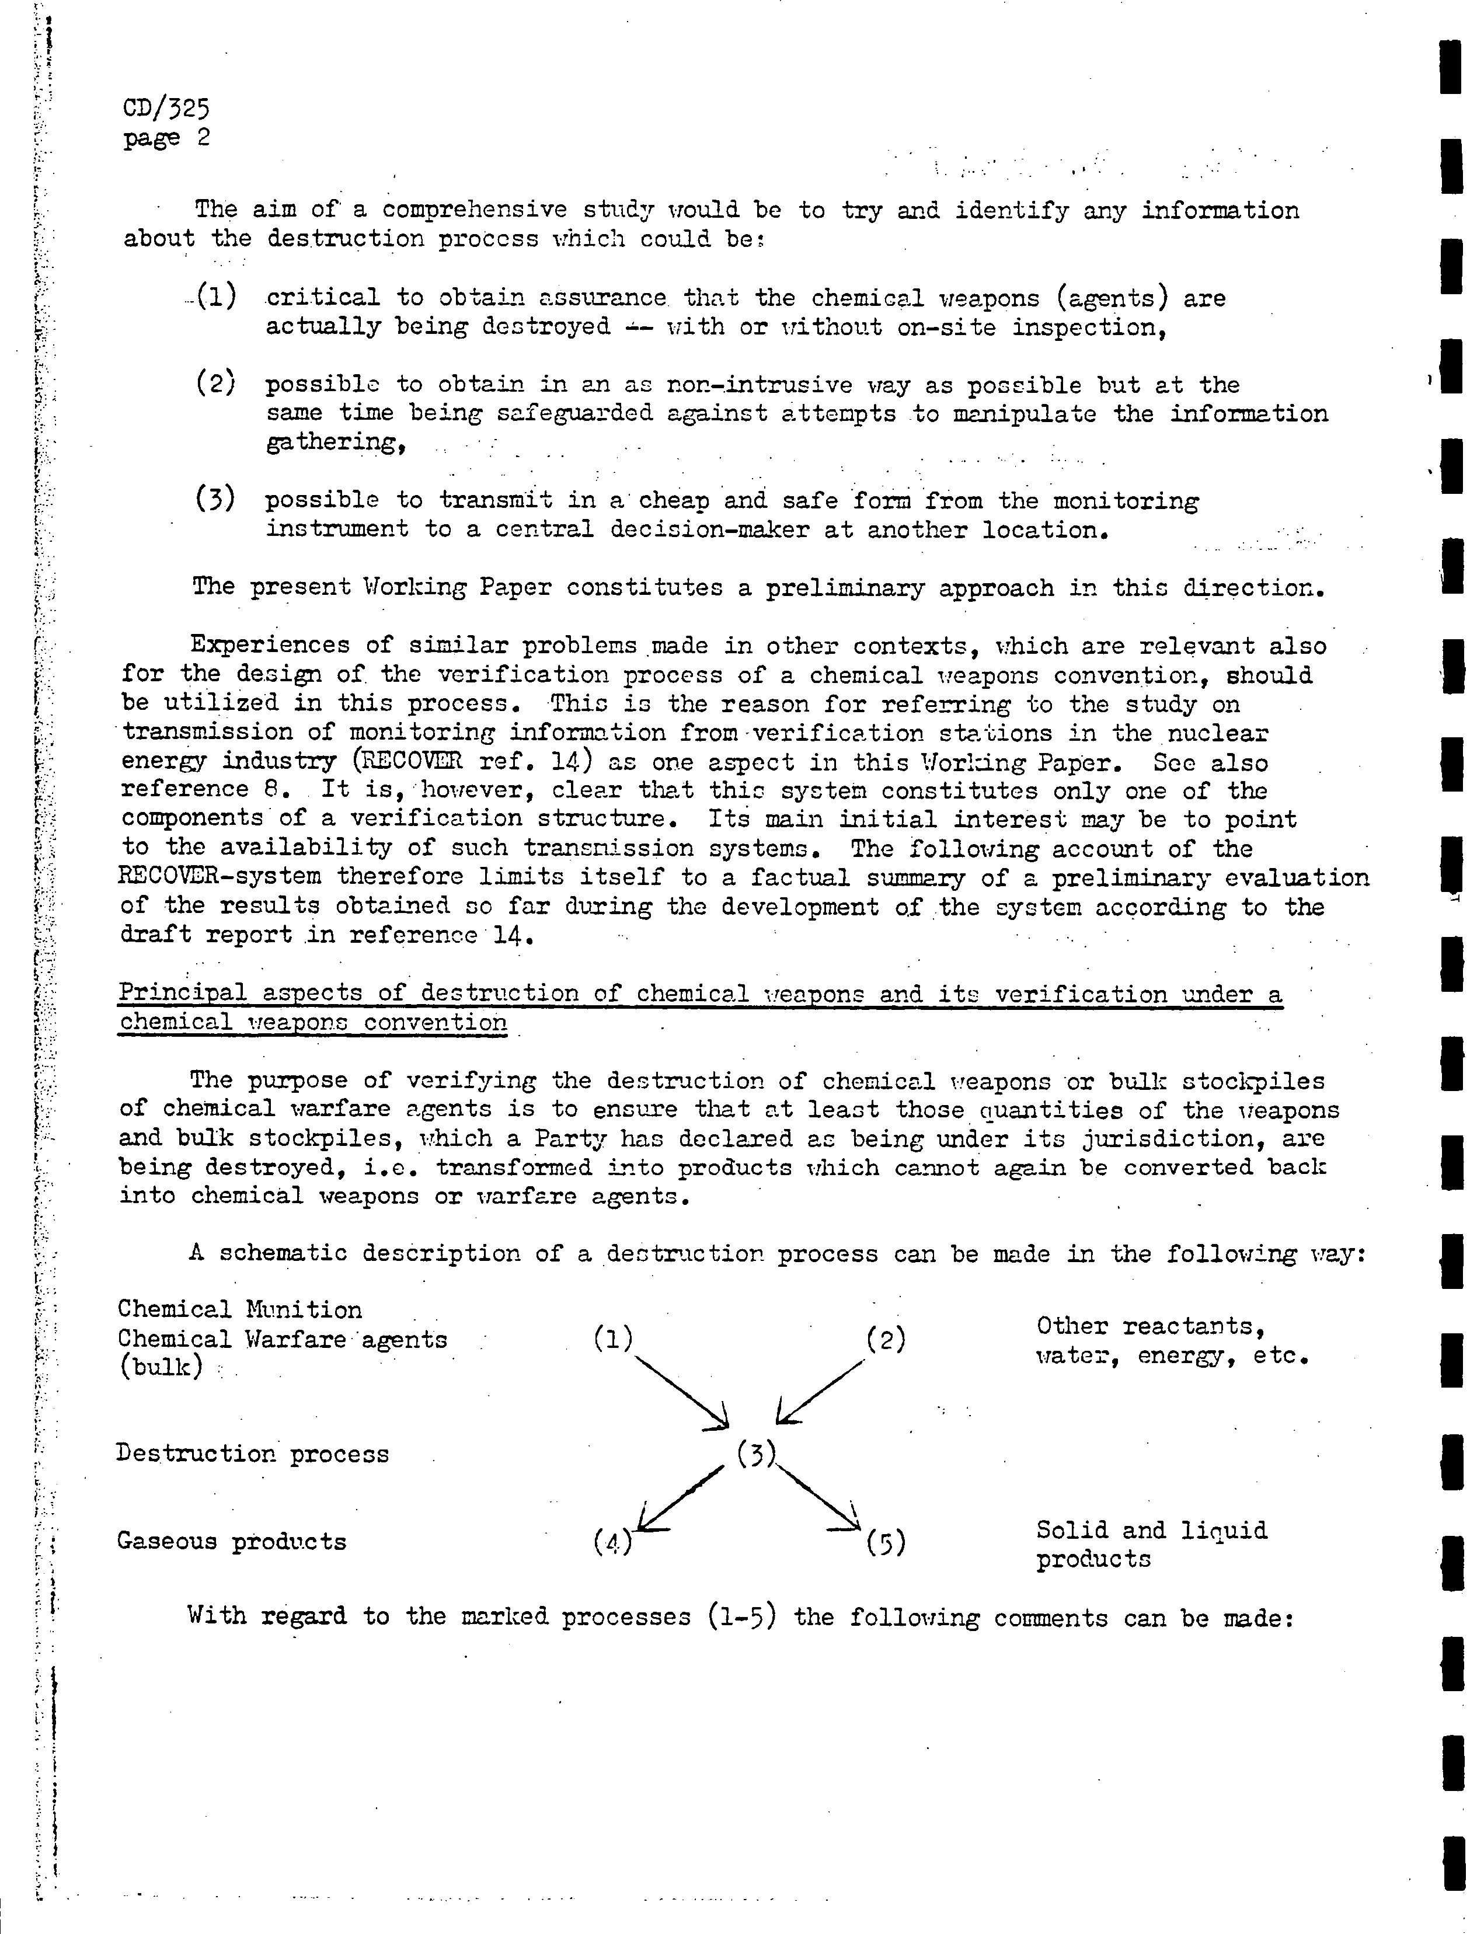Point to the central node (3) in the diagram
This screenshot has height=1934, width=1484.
tap(755, 1453)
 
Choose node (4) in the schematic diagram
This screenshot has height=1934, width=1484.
tap(612, 1541)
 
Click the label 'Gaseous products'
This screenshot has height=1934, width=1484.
tap(231, 1541)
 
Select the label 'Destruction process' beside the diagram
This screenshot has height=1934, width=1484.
tap(252, 1454)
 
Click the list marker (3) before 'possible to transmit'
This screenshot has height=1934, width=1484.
tap(215, 499)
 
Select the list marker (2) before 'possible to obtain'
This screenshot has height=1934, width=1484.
tap(215, 384)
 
